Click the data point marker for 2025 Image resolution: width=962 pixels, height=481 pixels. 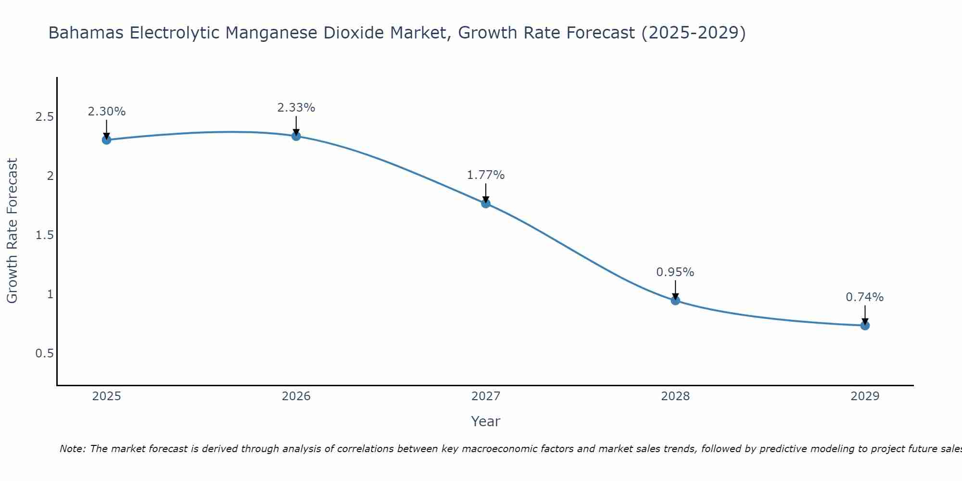point(107,140)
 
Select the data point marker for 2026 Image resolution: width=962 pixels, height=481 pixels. point(296,136)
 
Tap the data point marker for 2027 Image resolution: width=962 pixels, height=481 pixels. point(486,203)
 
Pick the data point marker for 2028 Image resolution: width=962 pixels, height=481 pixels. point(675,301)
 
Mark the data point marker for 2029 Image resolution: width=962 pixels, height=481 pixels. point(865,326)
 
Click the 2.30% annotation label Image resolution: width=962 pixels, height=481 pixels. point(107,112)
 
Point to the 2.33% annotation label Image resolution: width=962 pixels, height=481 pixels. point(296,108)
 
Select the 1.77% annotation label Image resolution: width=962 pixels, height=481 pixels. point(486,175)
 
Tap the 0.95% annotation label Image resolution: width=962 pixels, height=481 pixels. point(675,272)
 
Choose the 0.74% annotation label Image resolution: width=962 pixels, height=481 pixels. point(865,297)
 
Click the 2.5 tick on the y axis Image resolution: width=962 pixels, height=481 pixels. point(44,117)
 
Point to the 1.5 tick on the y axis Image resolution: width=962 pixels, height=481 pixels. point(44,235)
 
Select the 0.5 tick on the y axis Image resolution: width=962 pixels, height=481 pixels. point(44,354)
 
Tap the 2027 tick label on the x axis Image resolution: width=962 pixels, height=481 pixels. point(486,396)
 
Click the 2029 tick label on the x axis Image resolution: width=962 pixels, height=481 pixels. point(865,396)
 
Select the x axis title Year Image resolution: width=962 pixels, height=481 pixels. point(486,421)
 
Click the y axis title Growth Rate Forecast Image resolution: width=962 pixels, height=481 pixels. point(13,231)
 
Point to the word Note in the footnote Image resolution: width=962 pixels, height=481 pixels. point(72,449)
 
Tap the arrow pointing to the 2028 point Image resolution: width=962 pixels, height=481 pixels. point(675,290)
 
